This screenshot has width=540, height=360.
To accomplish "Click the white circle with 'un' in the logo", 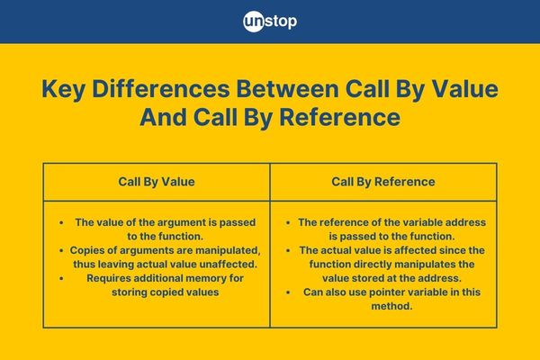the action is point(254,22).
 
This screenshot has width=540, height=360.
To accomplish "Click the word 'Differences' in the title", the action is point(161,89).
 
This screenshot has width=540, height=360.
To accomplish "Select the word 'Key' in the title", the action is point(64,90).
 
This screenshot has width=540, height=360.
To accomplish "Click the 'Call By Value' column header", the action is point(157,182).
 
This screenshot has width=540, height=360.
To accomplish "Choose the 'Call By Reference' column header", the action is point(383,182).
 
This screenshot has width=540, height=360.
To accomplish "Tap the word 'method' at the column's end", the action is point(391,306).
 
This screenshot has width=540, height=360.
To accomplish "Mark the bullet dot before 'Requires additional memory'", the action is point(61,278).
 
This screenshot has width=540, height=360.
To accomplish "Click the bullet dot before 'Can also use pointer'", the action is point(288,292).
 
